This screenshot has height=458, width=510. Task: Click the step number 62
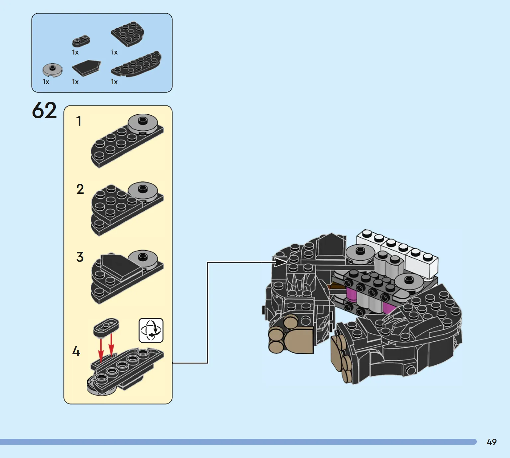(x=45, y=110)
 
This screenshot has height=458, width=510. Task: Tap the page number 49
(x=491, y=442)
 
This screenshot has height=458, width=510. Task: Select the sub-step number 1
(x=79, y=121)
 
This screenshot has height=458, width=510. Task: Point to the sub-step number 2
(x=80, y=189)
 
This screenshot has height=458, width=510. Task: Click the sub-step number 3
(x=80, y=257)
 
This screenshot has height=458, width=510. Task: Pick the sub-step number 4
(x=76, y=351)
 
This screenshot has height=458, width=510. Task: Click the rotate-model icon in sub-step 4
(x=151, y=330)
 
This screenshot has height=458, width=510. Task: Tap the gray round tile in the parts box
(x=52, y=69)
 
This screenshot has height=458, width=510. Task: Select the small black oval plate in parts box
(x=81, y=41)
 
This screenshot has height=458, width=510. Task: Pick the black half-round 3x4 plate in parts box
(x=128, y=34)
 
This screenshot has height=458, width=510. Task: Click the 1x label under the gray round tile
(x=46, y=82)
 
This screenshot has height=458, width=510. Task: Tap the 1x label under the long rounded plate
(x=114, y=82)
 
